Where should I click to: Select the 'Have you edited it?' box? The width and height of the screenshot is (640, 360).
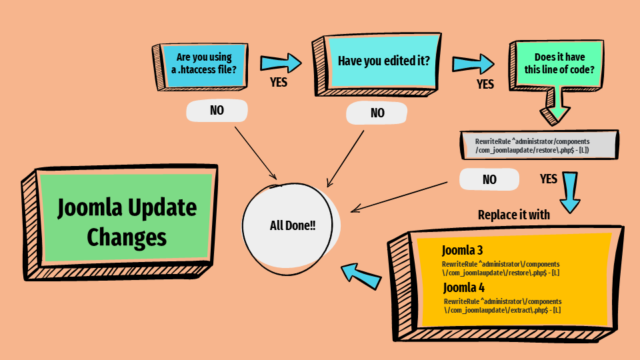tap(383, 61)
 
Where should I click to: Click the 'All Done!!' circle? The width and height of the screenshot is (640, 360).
tap(291, 226)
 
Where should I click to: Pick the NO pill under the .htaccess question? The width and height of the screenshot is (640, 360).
tap(217, 111)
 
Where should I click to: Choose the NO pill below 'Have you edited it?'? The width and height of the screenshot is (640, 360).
tap(377, 113)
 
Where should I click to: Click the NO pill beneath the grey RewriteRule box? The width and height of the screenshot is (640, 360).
tap(489, 179)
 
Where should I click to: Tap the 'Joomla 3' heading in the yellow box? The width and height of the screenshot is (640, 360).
tap(462, 251)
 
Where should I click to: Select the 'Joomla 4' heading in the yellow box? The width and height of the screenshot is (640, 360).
tap(464, 288)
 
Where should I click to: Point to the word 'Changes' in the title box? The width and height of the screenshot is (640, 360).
tap(127, 237)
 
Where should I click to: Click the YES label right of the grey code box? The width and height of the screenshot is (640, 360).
tap(548, 179)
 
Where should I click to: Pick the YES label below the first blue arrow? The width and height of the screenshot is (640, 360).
tap(279, 83)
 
